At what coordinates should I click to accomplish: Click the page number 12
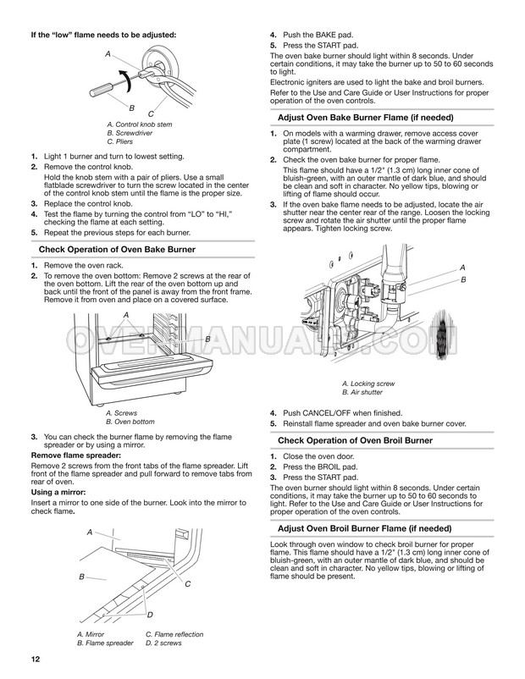coord(35,659)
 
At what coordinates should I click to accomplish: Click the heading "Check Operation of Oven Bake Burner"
coord(117,250)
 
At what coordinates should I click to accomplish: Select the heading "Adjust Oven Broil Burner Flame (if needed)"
coord(365,528)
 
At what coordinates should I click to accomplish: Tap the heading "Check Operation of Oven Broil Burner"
coord(355,440)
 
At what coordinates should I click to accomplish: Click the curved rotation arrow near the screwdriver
coord(125,80)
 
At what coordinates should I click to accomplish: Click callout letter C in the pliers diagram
coord(151,114)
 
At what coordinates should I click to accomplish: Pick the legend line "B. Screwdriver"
coord(130,133)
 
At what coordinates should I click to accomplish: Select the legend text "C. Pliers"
coord(120,141)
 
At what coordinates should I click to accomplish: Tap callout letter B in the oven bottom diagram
coord(207,339)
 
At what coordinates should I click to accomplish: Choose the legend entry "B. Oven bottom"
coord(130,422)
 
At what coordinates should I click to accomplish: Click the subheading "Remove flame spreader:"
coord(76,455)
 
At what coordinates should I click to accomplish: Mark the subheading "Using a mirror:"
coord(58,492)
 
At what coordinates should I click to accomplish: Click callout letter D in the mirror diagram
coord(150,615)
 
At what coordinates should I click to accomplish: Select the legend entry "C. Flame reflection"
coord(174,634)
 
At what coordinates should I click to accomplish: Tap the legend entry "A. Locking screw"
coord(368,384)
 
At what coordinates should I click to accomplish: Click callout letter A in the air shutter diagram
coord(462,268)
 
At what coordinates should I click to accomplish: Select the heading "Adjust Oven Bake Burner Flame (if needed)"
coord(366,118)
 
